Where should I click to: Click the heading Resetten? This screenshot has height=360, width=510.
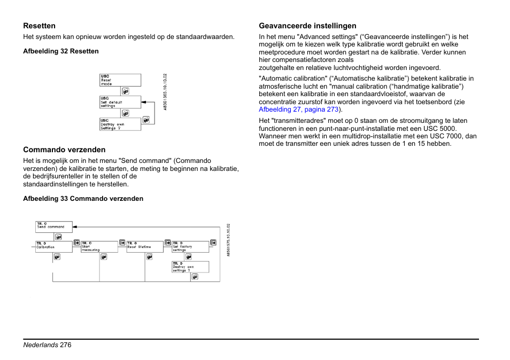(x=39, y=26)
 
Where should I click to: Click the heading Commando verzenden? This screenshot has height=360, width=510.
(x=64, y=150)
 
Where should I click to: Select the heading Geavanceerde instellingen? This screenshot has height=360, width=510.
(x=307, y=26)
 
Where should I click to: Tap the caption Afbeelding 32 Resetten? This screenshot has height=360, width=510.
(x=60, y=51)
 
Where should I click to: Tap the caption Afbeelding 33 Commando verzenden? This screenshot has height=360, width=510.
(x=83, y=199)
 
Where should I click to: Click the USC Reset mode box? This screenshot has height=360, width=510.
(x=120, y=80)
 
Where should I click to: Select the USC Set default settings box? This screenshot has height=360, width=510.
(x=120, y=102)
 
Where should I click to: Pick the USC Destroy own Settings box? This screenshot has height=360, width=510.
(x=120, y=124)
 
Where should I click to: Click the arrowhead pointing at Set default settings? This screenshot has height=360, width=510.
(x=144, y=102)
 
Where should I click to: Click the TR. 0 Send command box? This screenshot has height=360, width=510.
(x=54, y=226)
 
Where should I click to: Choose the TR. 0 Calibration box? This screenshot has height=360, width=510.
(x=54, y=246)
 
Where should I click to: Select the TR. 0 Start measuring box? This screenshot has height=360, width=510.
(x=99, y=246)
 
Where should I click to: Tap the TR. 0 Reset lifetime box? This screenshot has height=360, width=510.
(x=145, y=246)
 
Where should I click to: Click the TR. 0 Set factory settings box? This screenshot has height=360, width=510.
(x=190, y=246)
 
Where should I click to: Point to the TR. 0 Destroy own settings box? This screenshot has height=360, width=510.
(x=190, y=267)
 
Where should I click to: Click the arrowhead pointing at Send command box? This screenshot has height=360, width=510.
(x=75, y=226)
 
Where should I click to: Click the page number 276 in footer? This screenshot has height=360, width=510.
(x=66, y=345)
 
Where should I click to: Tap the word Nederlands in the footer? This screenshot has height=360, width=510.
(x=40, y=345)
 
